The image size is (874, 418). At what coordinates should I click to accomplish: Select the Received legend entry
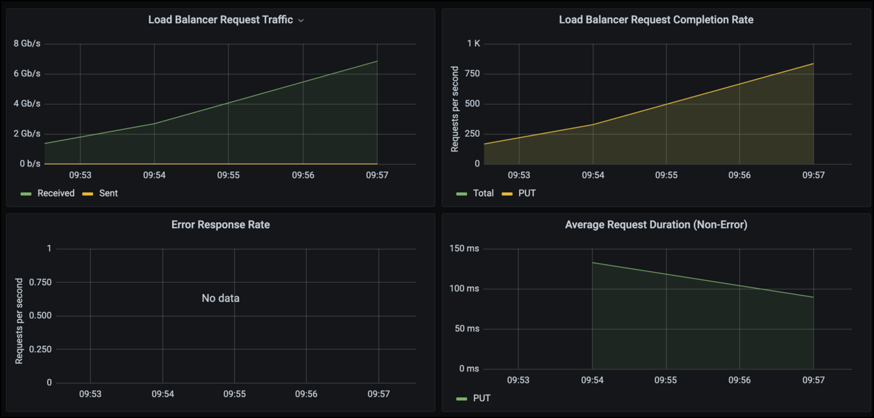click(56, 193)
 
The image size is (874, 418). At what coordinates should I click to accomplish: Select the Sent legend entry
click(108, 193)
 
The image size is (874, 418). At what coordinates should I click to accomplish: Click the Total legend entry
click(483, 193)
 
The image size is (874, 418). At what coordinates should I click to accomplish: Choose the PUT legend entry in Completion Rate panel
click(527, 193)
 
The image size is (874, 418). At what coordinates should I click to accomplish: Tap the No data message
click(221, 298)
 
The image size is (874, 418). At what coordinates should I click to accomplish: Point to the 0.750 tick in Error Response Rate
click(40, 282)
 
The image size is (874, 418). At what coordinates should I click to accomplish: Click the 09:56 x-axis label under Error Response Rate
click(306, 394)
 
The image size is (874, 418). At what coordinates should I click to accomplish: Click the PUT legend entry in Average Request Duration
click(481, 398)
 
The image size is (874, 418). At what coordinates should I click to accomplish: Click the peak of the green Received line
click(377, 61)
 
